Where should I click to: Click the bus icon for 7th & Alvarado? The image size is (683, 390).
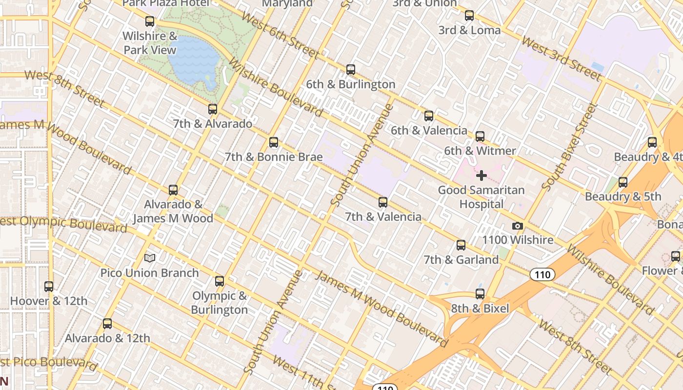pos(212,109)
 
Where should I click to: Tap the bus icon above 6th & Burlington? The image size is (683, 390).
pos(350,70)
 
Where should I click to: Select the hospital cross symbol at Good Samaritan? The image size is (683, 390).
pos(482,175)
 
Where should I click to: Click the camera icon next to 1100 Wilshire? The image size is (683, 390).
pos(518,226)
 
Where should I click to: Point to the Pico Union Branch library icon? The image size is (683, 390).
pos(150,258)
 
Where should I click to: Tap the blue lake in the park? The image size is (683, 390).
pos(194,59)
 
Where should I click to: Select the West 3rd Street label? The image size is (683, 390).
pos(561,58)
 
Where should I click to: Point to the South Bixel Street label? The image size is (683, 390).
pos(569,147)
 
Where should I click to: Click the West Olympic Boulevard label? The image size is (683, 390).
pos(63,223)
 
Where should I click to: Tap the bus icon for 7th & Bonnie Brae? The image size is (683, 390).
pos(274,142)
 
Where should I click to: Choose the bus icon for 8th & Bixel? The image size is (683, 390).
pos(480,294)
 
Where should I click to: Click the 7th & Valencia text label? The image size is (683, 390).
pos(383,217)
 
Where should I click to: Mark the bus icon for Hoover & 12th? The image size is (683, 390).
pos(49,287)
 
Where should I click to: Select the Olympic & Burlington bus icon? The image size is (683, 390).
pos(220,281)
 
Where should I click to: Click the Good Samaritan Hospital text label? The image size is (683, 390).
pos(481,197)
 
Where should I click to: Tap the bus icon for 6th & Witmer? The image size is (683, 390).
pos(480,136)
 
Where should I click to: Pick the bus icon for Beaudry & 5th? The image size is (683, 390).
pos(623,182)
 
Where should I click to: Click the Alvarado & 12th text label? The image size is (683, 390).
pos(107,338)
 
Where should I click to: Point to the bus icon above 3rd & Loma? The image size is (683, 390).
pos(469,16)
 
